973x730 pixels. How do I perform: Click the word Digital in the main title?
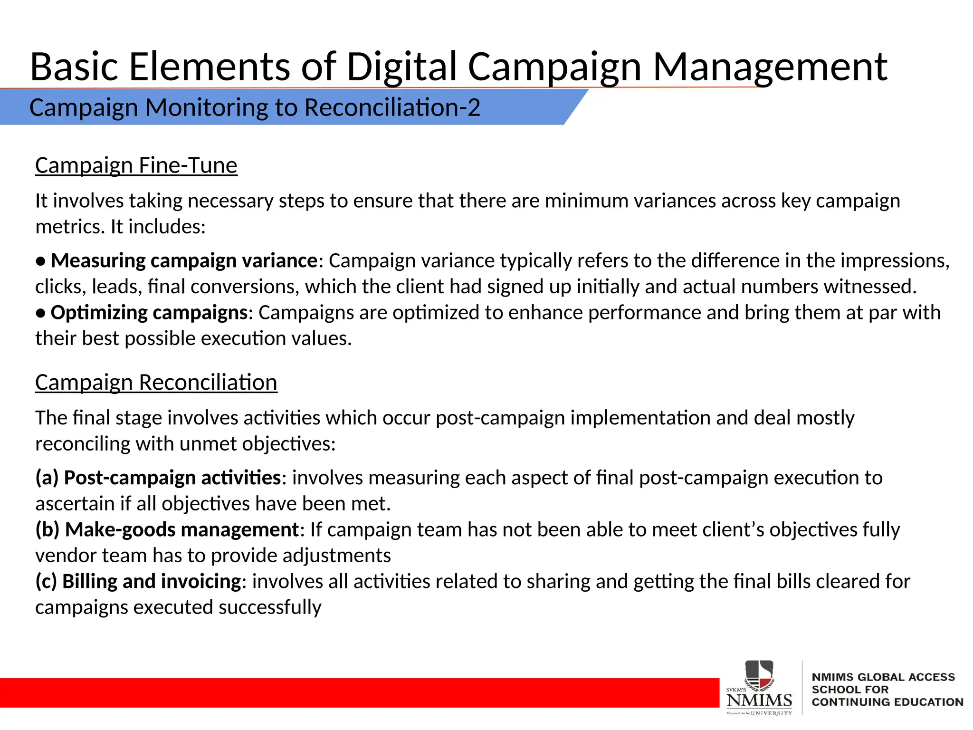click(x=401, y=67)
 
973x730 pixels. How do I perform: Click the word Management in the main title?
click(x=770, y=67)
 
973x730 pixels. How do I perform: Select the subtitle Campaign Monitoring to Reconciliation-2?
click(x=255, y=107)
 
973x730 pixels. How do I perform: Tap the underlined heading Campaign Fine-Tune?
click(x=136, y=166)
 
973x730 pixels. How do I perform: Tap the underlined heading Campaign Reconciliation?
click(x=156, y=383)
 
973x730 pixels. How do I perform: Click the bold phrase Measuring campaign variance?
click(x=184, y=261)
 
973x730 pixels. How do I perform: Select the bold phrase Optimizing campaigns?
click(x=149, y=313)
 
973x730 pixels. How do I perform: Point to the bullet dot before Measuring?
click(x=41, y=261)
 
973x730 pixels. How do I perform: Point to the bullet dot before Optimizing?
click(x=41, y=313)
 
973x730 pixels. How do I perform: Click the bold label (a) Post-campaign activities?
click(x=158, y=478)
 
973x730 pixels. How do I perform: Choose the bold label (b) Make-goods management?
click(x=167, y=529)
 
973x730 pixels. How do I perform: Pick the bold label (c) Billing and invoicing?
click(x=138, y=581)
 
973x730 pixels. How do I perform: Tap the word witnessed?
click(x=870, y=287)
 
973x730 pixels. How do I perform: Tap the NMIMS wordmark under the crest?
click(x=759, y=700)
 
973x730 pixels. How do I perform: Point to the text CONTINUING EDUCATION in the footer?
click(x=887, y=702)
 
